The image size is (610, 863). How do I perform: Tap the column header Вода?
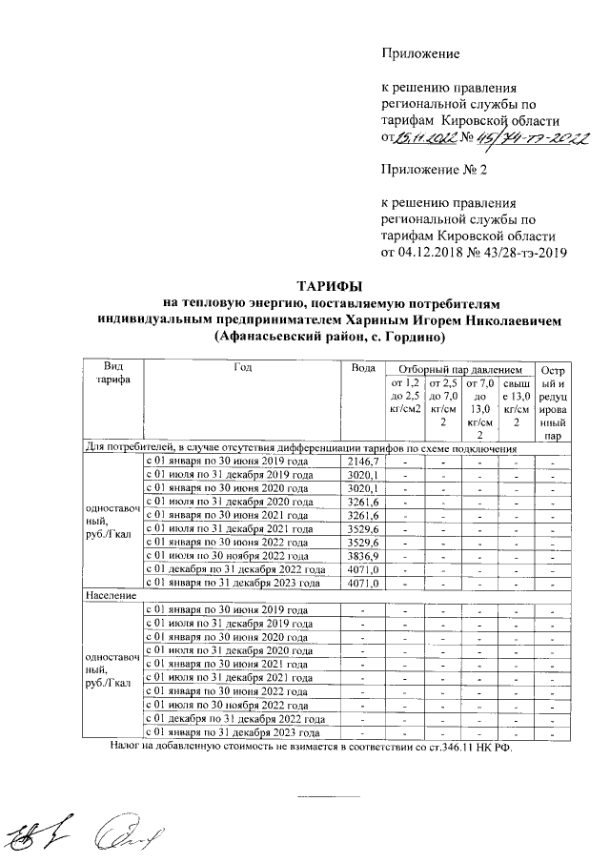point(362,369)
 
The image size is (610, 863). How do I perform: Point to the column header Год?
point(241,369)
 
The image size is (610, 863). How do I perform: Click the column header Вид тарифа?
point(111,375)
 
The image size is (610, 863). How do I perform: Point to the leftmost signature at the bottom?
point(39,834)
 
